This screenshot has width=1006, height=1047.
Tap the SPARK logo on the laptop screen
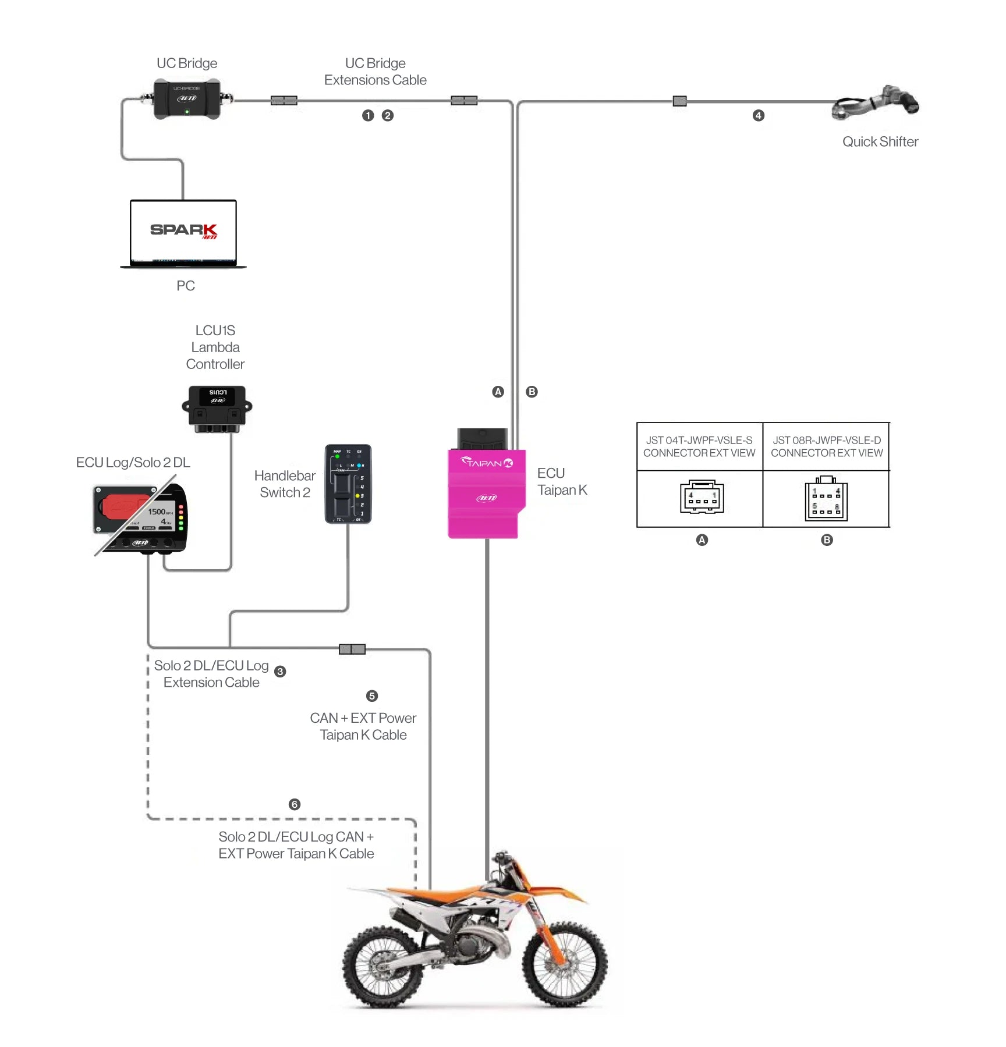(x=183, y=230)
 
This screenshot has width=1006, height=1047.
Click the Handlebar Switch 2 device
(x=348, y=484)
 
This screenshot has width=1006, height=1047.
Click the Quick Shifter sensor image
(x=876, y=102)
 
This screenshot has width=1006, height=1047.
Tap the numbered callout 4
(x=758, y=116)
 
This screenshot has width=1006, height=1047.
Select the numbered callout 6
(x=295, y=804)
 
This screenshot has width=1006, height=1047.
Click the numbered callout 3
(x=280, y=672)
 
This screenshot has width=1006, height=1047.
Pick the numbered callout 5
(x=372, y=696)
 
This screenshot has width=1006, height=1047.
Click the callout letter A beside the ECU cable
(x=498, y=392)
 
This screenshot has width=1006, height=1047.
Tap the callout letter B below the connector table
(x=827, y=540)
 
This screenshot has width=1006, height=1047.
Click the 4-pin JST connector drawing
(x=702, y=497)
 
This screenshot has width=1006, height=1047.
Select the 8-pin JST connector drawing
(x=826, y=499)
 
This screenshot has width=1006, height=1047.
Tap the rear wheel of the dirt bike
(x=383, y=967)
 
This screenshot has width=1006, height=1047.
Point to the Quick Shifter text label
(x=880, y=142)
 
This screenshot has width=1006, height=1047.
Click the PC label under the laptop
(x=186, y=286)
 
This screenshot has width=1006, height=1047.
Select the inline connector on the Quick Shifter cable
(x=679, y=101)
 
